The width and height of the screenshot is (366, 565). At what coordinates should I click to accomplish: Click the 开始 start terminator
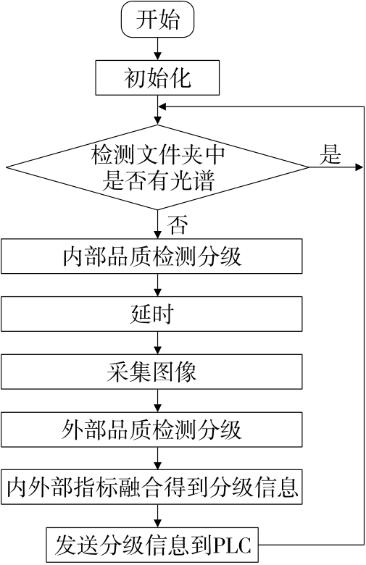157,19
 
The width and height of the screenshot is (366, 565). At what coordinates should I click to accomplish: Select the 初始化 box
157,78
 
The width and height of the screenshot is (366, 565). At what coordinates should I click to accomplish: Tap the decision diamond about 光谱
157,167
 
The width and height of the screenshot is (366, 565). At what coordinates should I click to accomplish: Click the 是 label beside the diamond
330,154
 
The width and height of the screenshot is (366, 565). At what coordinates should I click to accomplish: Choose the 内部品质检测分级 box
151,256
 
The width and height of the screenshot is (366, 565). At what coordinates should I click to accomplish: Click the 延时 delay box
151,314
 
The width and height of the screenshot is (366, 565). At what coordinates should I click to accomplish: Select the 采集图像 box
151,372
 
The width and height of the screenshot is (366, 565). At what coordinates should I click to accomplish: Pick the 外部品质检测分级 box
151,430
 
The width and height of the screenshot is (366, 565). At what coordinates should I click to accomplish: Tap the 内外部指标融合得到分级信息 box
151,487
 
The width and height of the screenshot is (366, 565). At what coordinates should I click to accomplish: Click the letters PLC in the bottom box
232,545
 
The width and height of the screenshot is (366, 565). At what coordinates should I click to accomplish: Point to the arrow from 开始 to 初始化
157,49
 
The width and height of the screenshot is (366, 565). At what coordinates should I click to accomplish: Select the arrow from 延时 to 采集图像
157,343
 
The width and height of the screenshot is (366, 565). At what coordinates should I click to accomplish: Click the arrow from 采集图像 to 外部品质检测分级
157,401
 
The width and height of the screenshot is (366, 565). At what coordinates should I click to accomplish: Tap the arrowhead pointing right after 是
359,167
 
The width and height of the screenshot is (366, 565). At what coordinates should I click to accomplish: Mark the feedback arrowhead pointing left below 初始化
162,106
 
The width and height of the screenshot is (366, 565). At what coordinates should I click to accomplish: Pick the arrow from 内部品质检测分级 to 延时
157,285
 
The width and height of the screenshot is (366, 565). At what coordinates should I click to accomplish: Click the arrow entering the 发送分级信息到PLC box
157,516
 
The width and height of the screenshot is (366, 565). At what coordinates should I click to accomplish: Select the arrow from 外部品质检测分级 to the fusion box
157,459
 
